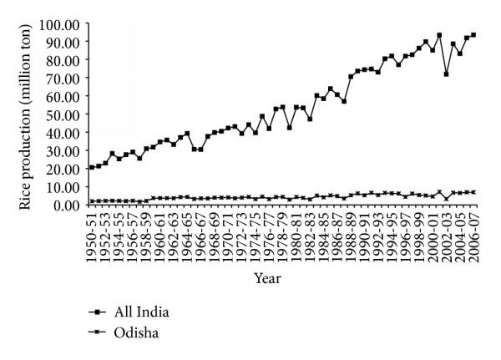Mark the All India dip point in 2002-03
pyautogui.click(x=445, y=74)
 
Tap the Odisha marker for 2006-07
pyautogui.click(x=473, y=192)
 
